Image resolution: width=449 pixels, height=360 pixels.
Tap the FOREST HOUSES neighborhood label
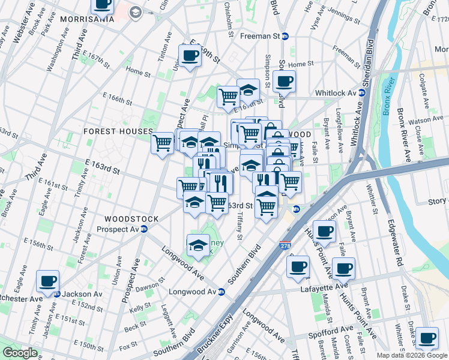(118, 131)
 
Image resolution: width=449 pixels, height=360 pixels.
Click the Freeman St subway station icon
(286, 36)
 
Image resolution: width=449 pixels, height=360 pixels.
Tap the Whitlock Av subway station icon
(363, 93)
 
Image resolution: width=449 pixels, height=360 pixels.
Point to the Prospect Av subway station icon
(144, 229)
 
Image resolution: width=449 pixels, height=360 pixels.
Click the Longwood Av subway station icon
(221, 292)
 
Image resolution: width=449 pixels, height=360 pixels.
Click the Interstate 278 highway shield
(285, 245)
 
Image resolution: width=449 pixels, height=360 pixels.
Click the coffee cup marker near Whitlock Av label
(284, 80)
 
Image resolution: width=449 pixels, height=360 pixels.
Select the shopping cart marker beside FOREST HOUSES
(162, 143)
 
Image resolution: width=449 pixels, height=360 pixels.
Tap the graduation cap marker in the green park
(197, 244)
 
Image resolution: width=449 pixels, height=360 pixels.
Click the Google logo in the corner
(20, 353)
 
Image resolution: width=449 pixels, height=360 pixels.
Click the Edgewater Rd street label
(398, 238)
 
